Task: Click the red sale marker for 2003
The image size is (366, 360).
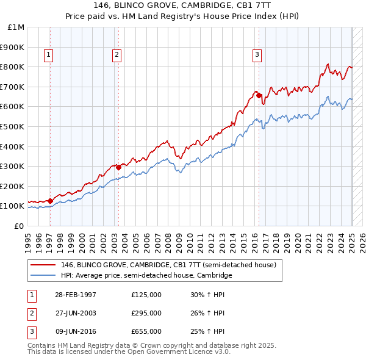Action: (118, 167)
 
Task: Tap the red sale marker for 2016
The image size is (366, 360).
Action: (259, 95)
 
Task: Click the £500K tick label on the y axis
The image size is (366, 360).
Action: (13, 126)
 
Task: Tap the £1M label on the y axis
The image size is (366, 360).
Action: (16, 27)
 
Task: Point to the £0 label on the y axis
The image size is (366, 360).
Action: (20, 226)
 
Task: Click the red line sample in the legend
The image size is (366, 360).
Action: (43, 265)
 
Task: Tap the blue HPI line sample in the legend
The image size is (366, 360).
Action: (43, 275)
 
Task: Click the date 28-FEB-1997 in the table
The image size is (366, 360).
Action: (76, 295)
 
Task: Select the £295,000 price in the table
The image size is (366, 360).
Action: (146, 313)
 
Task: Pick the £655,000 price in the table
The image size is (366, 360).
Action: (146, 331)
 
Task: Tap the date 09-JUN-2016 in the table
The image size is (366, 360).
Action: (76, 331)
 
